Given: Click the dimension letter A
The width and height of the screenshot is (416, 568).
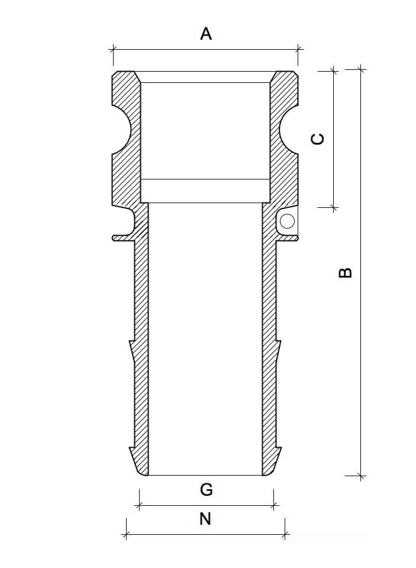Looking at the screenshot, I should (205, 34).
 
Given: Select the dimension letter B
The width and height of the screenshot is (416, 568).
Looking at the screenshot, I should (345, 272).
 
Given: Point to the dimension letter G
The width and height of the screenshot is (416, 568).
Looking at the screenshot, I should (206, 490).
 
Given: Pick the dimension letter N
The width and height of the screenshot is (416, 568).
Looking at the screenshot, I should (205, 519).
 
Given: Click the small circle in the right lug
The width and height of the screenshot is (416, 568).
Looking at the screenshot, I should (288, 222).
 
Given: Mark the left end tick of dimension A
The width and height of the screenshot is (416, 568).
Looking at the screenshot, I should (113, 49).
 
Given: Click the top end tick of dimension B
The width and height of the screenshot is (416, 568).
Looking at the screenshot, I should (362, 69).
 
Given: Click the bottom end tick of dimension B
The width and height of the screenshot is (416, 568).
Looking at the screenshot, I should (362, 476).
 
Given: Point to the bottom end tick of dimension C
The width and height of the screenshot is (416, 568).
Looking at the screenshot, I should (334, 208).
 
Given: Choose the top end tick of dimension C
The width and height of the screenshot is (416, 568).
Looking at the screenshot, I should (334, 70).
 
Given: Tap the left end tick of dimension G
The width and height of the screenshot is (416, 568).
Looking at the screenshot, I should (138, 506).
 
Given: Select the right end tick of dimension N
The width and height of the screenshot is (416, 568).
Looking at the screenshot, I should (285, 535).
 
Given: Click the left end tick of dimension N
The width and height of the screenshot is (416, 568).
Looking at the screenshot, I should (126, 535).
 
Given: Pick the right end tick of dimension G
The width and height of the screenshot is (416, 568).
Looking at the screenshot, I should (273, 506).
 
